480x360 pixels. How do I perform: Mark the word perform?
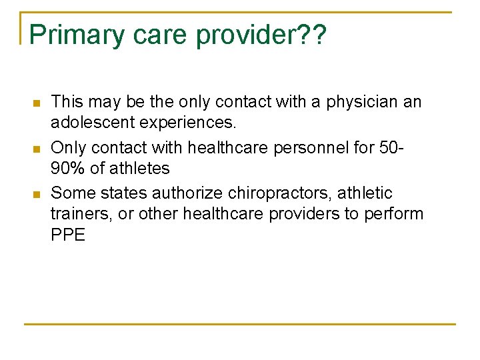393,215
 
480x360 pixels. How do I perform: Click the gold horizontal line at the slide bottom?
240,324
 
